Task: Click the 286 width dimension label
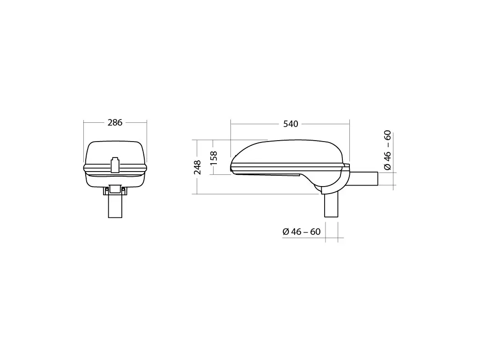[115, 122]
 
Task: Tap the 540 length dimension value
[290, 124]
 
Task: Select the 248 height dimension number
[198, 167]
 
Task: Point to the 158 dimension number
[214, 158]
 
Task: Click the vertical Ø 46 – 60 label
[388, 150]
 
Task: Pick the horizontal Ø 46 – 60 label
[302, 232]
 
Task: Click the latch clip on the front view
[115, 165]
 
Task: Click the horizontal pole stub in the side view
[363, 179]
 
